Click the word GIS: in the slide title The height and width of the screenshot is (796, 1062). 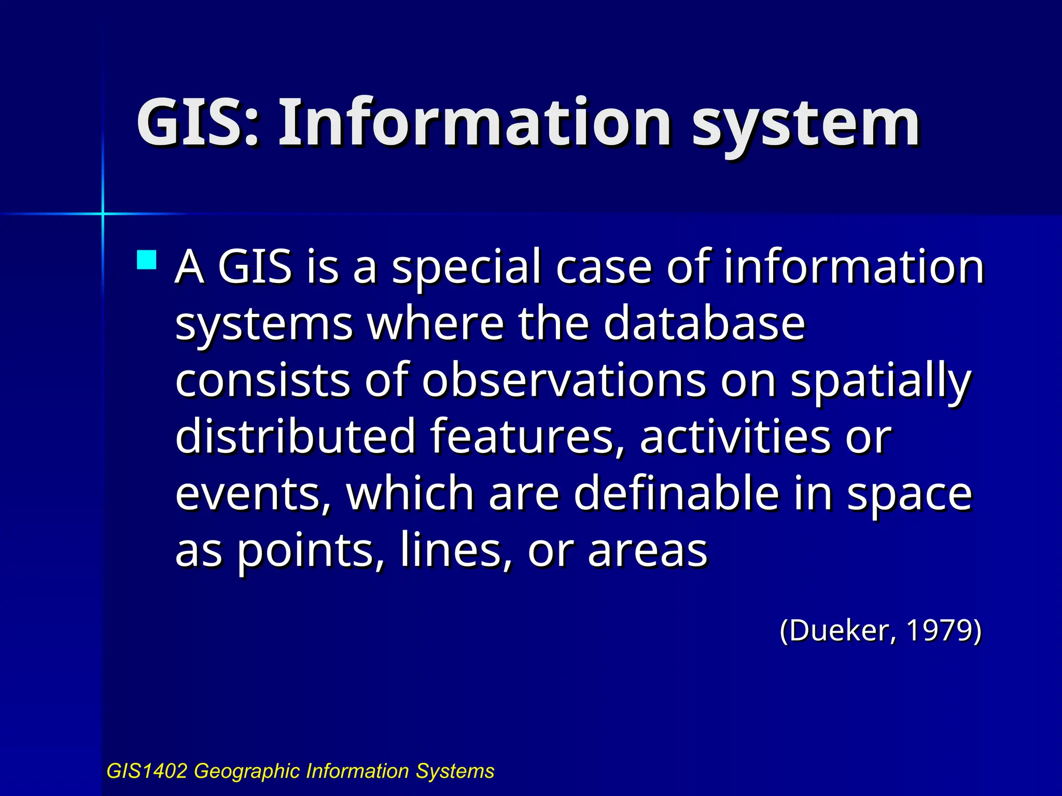coord(198,123)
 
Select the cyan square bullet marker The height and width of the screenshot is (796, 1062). coord(147,260)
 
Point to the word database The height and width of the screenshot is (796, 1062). coord(704,323)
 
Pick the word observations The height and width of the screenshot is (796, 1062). coord(564,380)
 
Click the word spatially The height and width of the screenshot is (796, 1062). coord(881,381)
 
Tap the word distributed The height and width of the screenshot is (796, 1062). coord(296,436)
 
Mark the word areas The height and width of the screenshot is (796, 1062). coord(648,551)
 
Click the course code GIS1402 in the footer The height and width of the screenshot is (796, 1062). coord(146,771)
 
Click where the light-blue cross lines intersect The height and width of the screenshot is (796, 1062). coord(103,214)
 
